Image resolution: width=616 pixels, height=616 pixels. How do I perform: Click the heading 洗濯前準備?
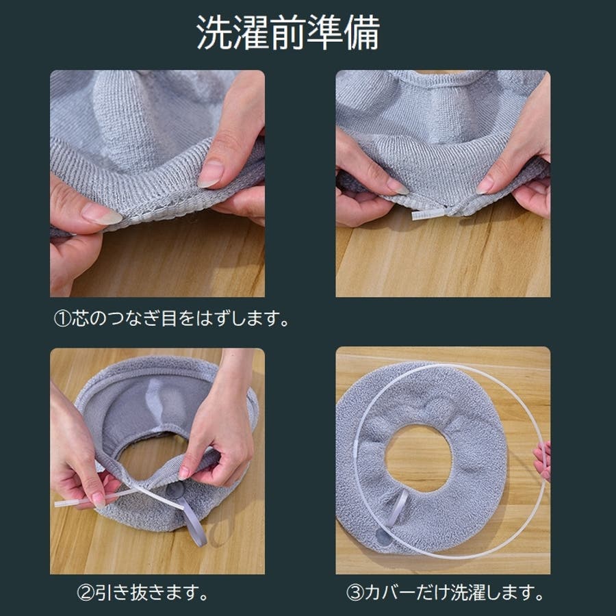[288, 33]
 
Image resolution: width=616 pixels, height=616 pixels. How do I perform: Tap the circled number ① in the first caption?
[62, 318]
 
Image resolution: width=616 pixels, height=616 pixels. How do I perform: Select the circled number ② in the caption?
[86, 593]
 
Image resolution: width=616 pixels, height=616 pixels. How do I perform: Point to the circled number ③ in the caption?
[355, 593]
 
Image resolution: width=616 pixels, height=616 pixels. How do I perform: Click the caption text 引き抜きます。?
[151, 593]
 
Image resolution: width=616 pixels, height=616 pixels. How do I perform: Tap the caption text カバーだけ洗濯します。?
[454, 593]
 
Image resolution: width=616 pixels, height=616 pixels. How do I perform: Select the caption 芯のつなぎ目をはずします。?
[181, 318]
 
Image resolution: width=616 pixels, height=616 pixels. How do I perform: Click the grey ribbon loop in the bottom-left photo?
[192, 519]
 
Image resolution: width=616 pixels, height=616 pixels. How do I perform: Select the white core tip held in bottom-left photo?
[75, 501]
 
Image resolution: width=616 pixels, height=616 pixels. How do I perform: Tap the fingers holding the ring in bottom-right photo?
[543, 461]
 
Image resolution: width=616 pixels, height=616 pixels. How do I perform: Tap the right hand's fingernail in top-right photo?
[485, 185]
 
